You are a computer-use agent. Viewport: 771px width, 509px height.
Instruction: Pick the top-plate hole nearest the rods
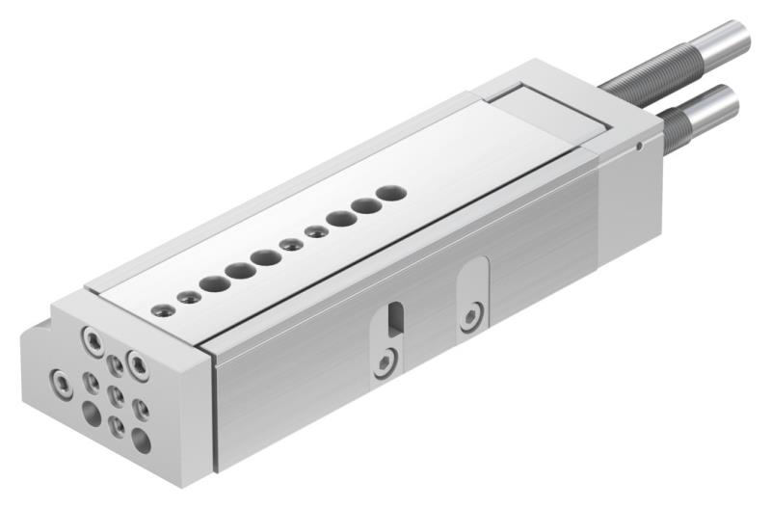(389, 193)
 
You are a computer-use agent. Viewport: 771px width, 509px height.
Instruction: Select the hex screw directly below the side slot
(385, 362)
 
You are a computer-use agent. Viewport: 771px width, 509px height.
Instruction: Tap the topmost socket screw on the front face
(93, 339)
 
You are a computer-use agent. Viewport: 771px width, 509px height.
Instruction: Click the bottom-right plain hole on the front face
(142, 442)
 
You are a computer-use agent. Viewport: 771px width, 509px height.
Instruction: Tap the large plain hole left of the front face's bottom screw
(92, 415)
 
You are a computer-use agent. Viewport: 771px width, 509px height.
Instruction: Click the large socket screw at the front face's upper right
(138, 364)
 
